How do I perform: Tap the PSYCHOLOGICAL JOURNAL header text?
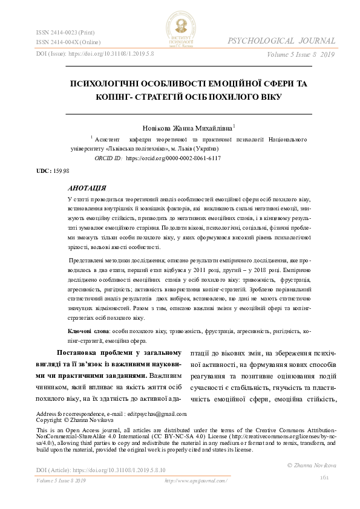(x=281, y=41)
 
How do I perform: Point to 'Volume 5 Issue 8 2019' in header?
(x=300, y=55)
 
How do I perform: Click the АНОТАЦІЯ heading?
(x=88, y=188)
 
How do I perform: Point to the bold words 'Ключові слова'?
(x=88, y=332)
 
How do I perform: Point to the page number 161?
(x=324, y=478)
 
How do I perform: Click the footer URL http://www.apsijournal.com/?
(x=192, y=481)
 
